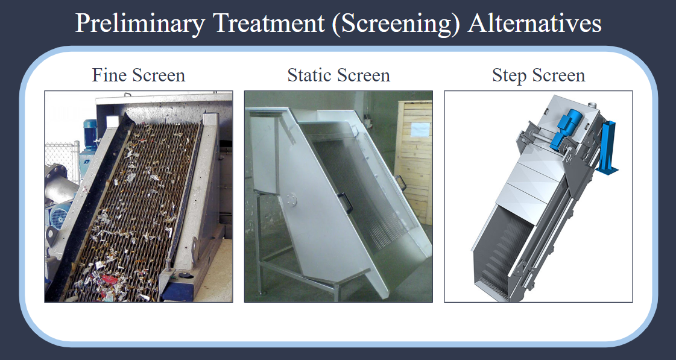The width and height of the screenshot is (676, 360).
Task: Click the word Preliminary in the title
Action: point(140,24)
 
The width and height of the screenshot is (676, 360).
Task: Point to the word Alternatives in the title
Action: point(535,24)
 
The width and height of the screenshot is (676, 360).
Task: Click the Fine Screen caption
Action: point(139,75)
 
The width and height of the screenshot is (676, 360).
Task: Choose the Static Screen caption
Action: point(339,75)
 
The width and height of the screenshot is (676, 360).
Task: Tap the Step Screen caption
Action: point(539,76)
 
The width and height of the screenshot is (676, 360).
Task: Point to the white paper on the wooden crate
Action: point(420,129)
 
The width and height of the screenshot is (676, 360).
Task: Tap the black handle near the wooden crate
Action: point(401,183)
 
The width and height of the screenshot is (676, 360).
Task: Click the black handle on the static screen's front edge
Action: point(346,203)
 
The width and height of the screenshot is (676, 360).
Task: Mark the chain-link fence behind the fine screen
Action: point(62,160)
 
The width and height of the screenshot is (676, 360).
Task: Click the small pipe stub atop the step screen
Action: point(593,105)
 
